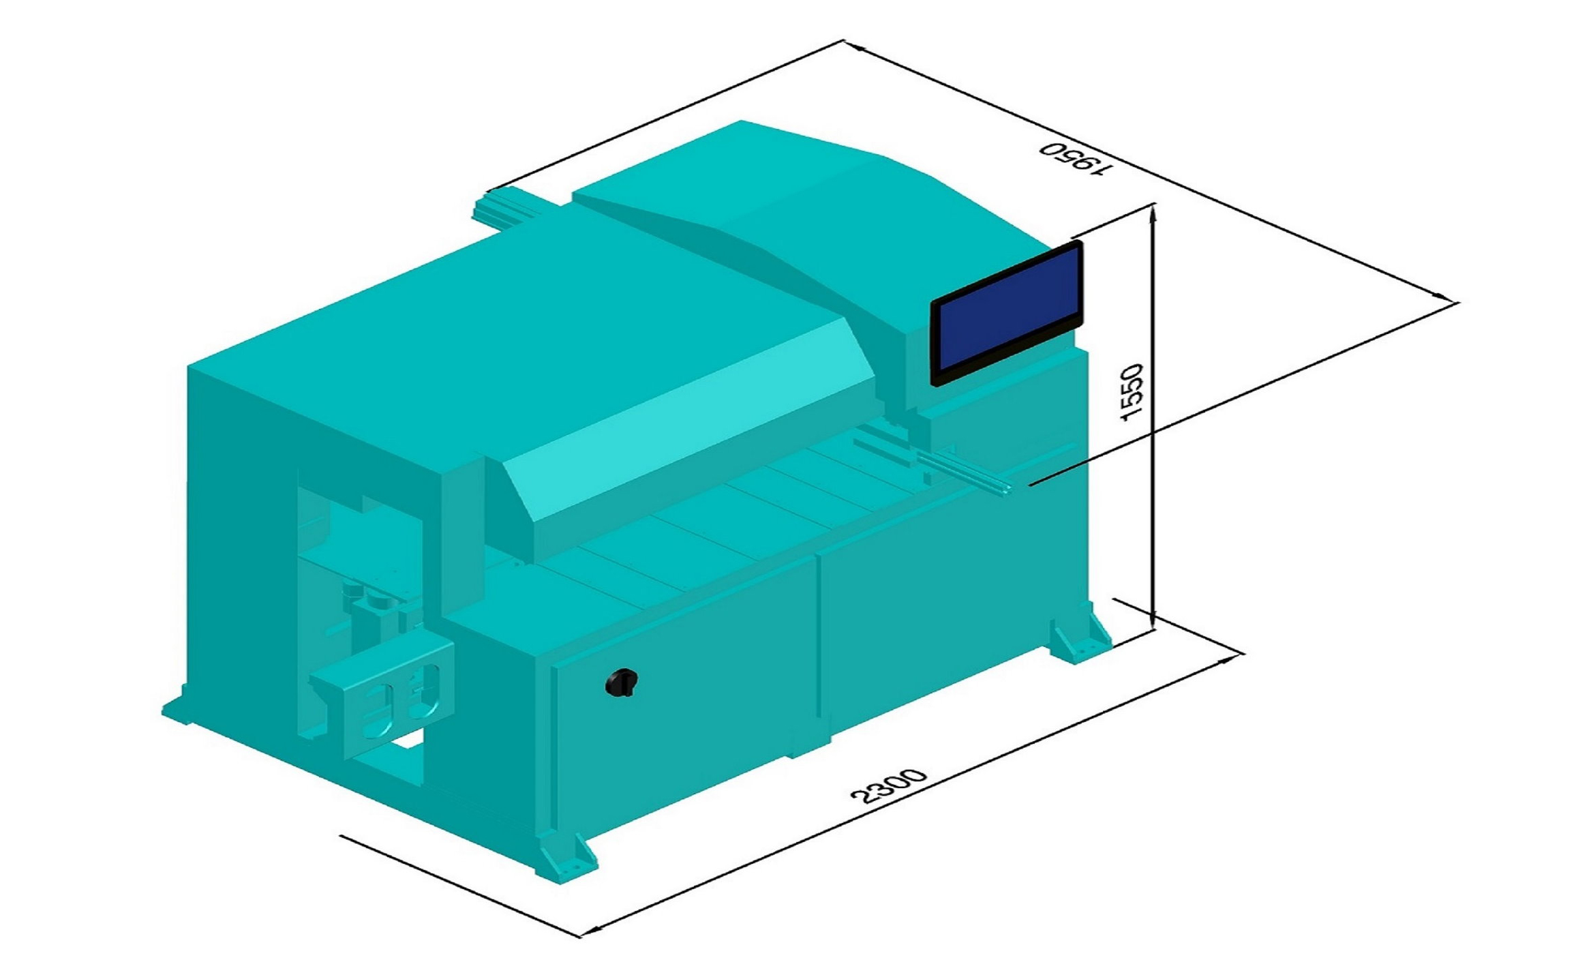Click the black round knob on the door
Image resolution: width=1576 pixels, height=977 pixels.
click(621, 682)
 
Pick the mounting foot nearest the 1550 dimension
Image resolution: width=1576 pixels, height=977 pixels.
click(1081, 635)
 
